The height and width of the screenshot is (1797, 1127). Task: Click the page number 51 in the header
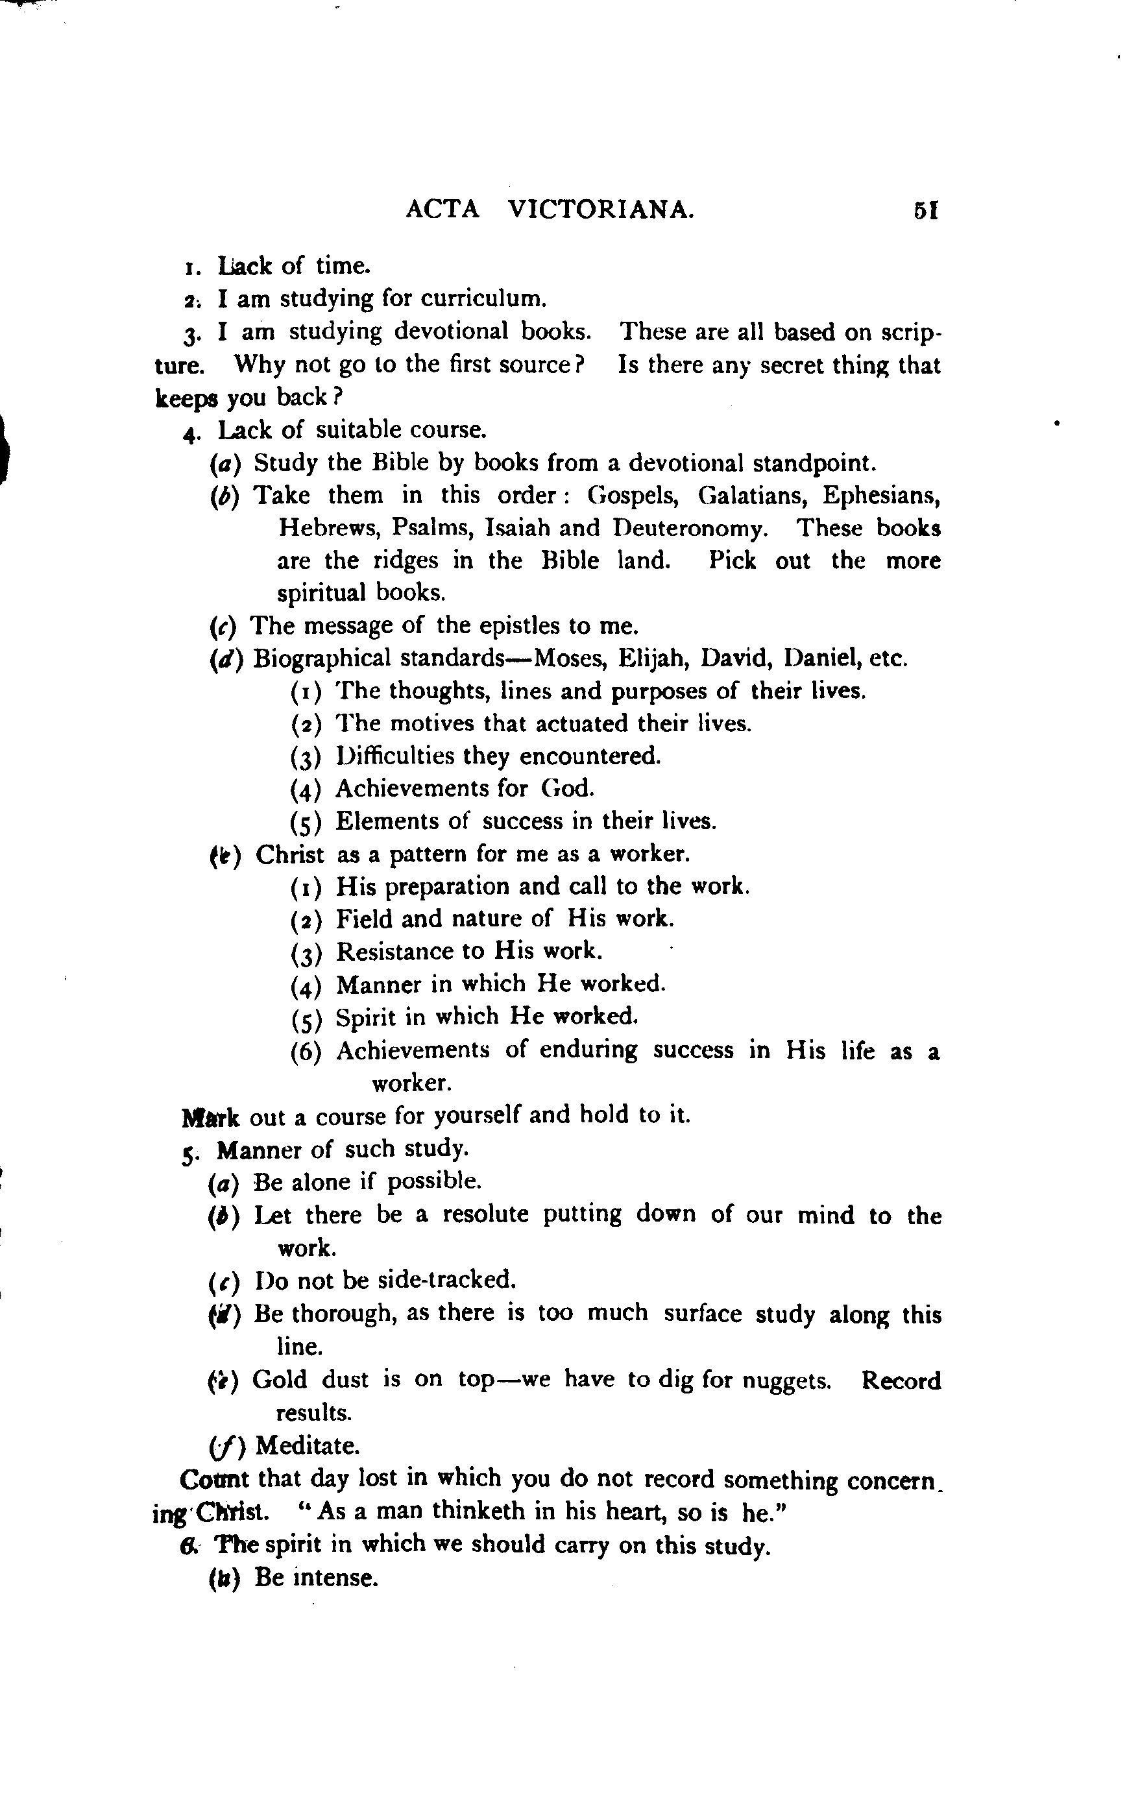pos(925,211)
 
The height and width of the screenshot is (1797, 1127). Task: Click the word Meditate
pos(307,1446)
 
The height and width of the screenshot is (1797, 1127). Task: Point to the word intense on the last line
pos(335,1577)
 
